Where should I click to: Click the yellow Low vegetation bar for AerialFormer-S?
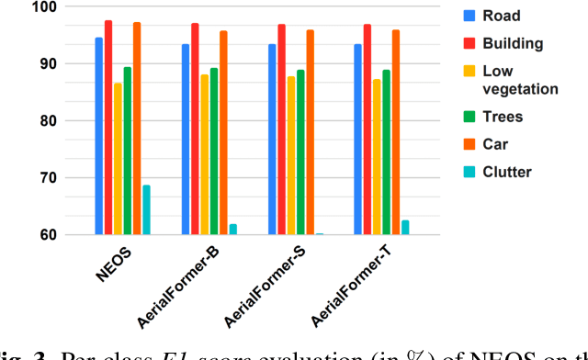[x=291, y=155]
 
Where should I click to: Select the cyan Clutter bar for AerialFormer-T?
[x=405, y=227]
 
